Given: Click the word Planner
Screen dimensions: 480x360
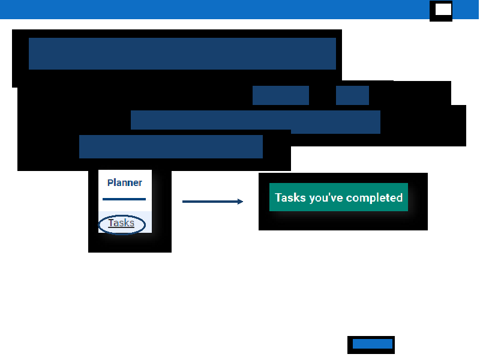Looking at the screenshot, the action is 124,183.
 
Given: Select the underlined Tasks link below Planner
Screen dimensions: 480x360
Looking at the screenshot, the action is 121,223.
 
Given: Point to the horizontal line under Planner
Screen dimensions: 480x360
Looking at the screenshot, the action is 124,199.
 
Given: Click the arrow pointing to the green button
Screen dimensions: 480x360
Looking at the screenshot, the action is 212,202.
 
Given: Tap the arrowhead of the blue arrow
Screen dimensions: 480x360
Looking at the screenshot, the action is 241,202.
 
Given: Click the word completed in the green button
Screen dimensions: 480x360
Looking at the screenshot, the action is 374,197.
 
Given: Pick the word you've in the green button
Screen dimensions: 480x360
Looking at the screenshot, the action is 326,198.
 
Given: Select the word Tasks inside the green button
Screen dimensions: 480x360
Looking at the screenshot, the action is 290,197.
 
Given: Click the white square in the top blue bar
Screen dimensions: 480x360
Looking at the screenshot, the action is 443,9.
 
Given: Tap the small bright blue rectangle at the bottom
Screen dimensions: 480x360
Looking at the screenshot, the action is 372,344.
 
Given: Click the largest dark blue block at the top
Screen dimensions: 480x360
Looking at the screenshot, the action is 182,53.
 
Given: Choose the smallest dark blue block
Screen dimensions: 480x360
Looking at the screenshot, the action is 352,95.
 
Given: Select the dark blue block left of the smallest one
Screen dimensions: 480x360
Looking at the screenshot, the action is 281,95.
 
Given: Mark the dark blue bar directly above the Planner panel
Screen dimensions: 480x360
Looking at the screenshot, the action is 171,146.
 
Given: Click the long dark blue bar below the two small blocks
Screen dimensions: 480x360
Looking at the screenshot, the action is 256,121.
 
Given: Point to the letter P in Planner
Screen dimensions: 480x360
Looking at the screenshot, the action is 110,183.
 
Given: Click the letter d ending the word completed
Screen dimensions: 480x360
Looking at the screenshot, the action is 400,197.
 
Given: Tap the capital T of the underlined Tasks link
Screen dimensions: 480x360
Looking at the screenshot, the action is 111,223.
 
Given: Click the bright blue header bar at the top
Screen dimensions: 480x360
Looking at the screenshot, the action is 214,9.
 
